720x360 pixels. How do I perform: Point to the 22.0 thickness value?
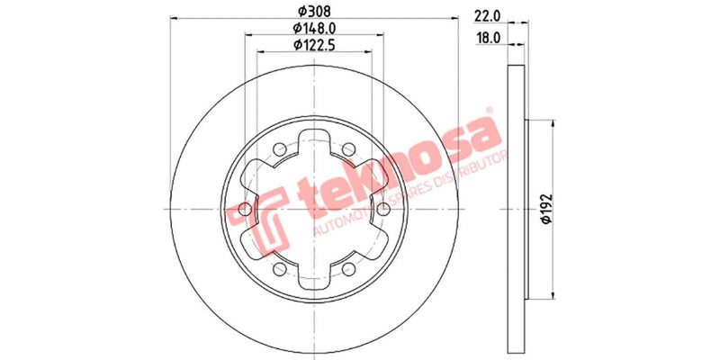(487, 16)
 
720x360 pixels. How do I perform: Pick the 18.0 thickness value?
(487, 38)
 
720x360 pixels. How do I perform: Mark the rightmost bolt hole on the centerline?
(384, 209)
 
